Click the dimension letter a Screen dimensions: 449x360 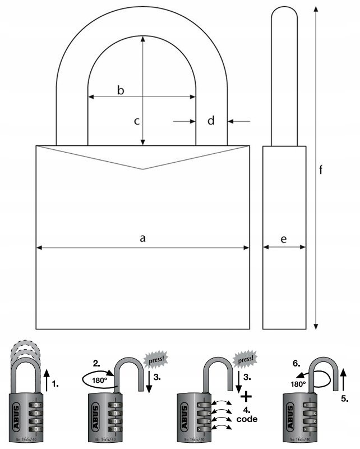(x=143, y=239)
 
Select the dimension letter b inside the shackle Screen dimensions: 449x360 (x=119, y=90)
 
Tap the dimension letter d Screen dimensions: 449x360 (x=211, y=121)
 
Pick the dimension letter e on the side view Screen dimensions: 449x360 (x=284, y=239)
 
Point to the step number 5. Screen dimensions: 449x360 (x=344, y=400)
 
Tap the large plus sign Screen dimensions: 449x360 (x=246, y=395)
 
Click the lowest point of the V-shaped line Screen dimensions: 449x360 (x=143, y=169)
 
